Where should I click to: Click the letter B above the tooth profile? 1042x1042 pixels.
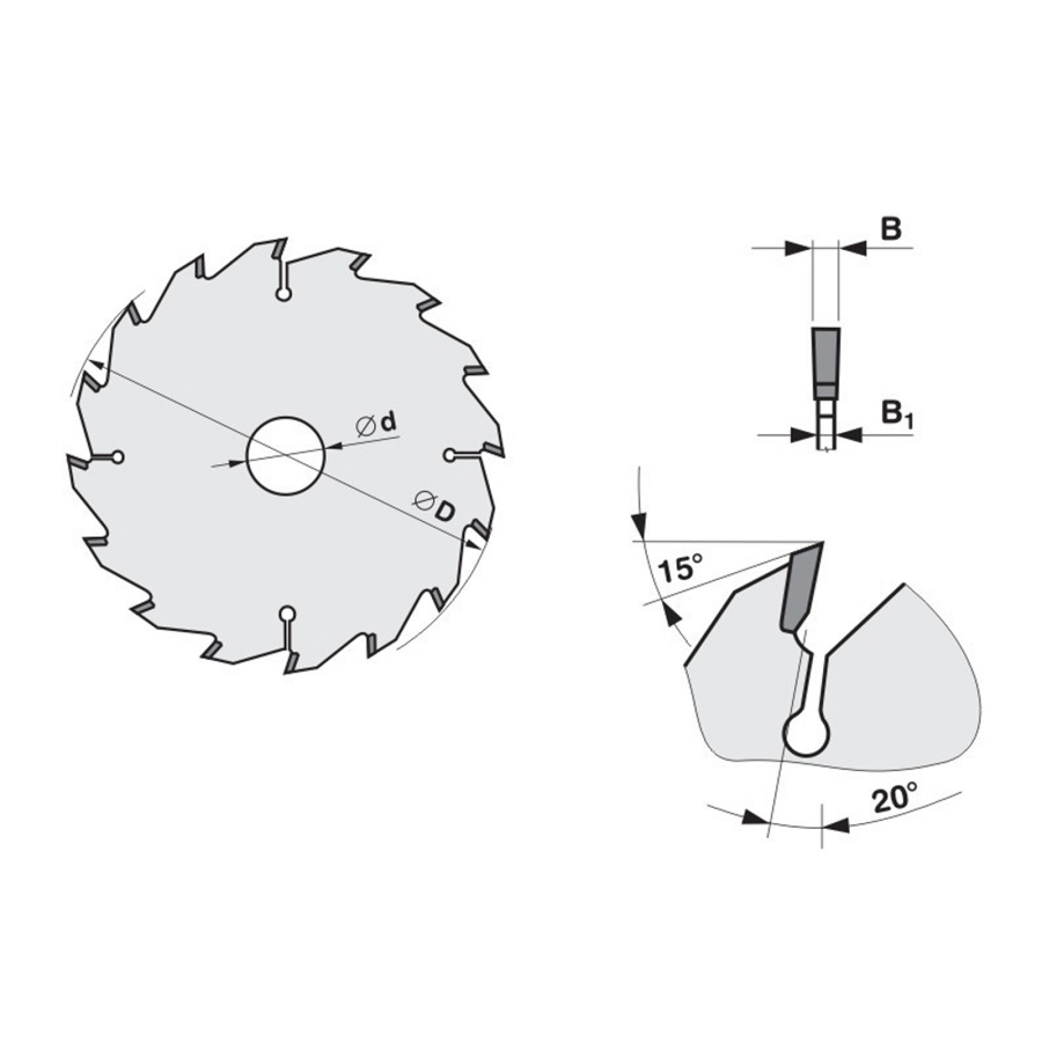pos(891,230)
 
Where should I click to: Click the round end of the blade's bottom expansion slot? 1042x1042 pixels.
pos(287,614)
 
